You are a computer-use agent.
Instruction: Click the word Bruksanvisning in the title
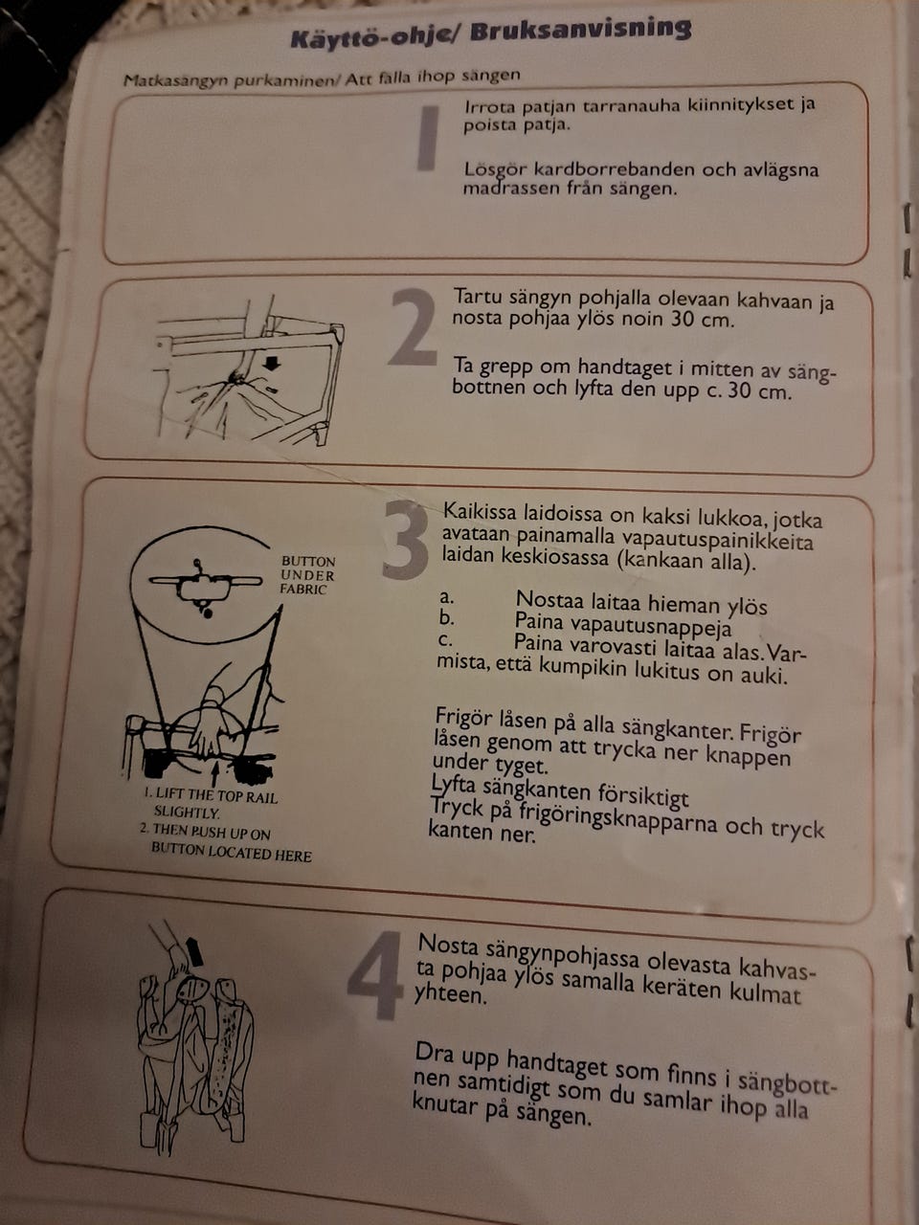point(580,32)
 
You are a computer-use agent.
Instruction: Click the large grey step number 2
point(413,327)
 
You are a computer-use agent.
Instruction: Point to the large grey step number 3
point(406,539)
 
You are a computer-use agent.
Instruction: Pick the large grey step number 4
point(375,975)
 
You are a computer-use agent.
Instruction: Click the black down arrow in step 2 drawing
point(272,364)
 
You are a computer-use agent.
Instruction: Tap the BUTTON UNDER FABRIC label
point(307,575)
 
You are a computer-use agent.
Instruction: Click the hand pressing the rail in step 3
point(210,725)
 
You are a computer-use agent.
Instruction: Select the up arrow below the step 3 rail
point(214,774)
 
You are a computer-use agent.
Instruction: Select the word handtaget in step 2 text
point(627,367)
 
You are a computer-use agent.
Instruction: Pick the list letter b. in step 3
point(446,618)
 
